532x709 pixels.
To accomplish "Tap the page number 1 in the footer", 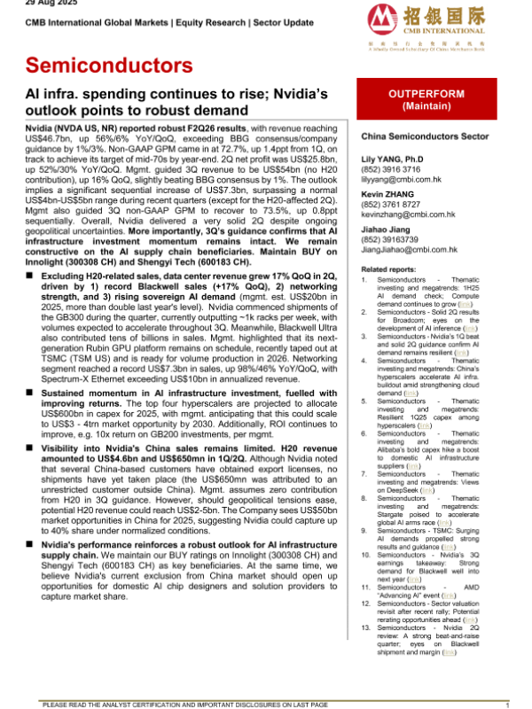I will [x=505, y=703].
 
